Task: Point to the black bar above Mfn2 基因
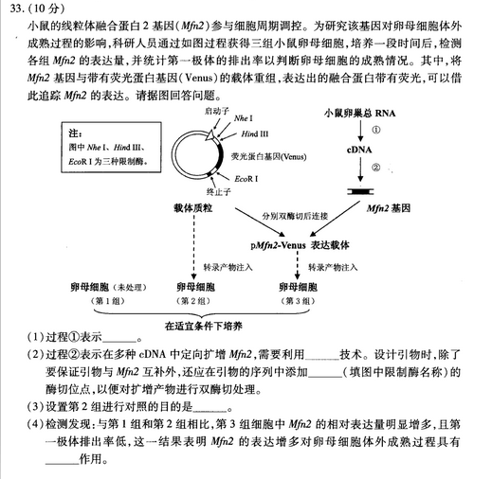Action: coord(359,190)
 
